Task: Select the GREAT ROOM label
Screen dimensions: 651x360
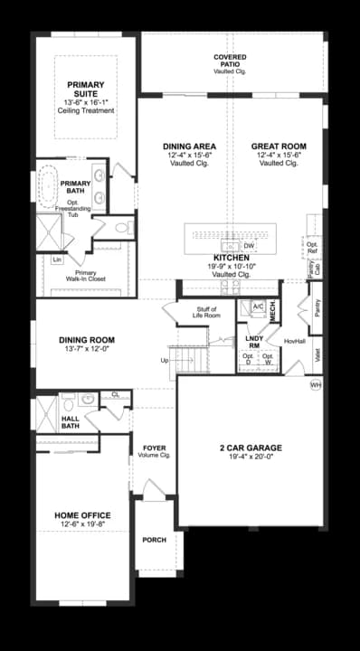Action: (279, 146)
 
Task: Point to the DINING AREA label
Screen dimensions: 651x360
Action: (189, 146)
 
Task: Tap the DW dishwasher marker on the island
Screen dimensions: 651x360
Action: (250, 245)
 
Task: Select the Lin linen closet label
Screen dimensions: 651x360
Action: (57, 259)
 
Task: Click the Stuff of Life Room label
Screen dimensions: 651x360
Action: (206, 312)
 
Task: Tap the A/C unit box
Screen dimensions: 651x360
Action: (257, 307)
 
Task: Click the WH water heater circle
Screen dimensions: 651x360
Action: (316, 384)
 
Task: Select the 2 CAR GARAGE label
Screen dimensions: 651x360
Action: (251, 448)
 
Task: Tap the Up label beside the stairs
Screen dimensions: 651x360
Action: (164, 360)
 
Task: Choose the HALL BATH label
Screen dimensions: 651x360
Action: (71, 422)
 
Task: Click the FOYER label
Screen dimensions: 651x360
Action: (154, 448)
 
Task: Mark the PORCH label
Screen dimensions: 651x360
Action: (155, 540)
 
